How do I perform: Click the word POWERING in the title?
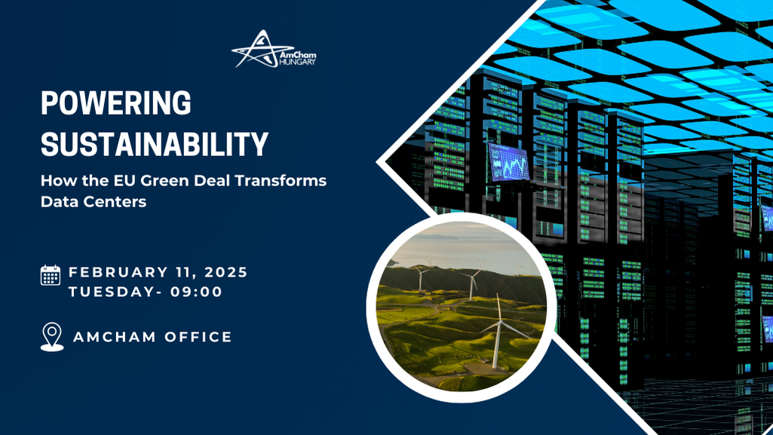click(116, 104)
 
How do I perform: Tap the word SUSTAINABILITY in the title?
click(155, 143)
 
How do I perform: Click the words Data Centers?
click(93, 203)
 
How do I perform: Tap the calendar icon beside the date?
click(51, 275)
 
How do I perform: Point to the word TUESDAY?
click(110, 292)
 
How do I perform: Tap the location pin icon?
click(51, 337)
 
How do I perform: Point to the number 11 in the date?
click(186, 272)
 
